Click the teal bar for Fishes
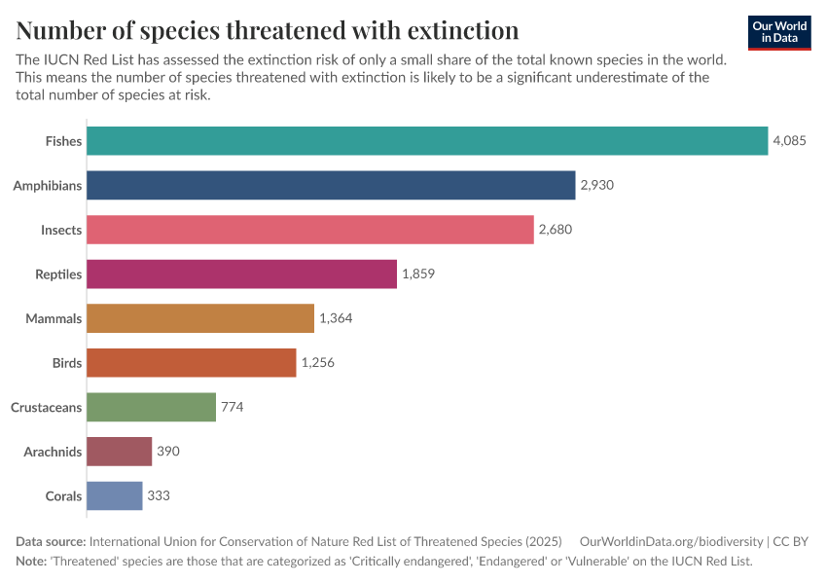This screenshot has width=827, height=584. (x=427, y=141)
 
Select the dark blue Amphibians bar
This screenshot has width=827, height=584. (x=331, y=185)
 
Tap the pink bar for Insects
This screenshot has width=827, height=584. (x=310, y=230)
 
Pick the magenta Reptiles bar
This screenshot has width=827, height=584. (x=242, y=274)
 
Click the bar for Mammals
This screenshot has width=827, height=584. (x=200, y=318)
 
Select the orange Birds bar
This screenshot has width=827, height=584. (x=191, y=363)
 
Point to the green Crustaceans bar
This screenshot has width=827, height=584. (x=151, y=407)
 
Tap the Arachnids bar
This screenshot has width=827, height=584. (x=119, y=452)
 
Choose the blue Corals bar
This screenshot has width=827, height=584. (x=114, y=495)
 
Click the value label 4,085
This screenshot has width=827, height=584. (x=789, y=141)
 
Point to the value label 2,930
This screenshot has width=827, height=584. (x=597, y=185)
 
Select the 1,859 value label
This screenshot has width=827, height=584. (x=418, y=274)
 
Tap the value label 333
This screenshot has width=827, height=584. (x=159, y=495)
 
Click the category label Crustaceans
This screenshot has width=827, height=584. (x=46, y=407)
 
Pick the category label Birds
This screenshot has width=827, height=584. (x=67, y=363)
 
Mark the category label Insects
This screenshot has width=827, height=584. (x=61, y=230)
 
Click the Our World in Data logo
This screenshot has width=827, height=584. (x=779, y=32)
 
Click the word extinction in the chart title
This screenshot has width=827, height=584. (x=457, y=29)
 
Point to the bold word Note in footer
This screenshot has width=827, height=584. (x=32, y=562)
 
